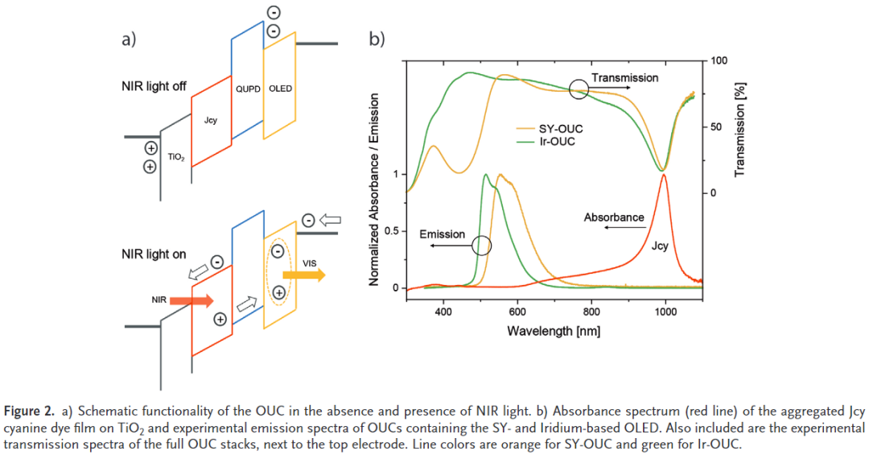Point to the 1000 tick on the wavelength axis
tap(665, 312)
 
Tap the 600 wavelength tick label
tap(517, 312)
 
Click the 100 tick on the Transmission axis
tap(719, 60)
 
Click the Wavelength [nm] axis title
tap(554, 331)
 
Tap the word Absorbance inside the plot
tap(614, 217)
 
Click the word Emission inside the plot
tap(443, 234)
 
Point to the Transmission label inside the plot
tap(625, 78)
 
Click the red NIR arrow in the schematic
tap(192, 300)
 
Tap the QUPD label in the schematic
tap(248, 89)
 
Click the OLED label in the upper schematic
tap(280, 89)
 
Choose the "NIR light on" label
tap(153, 254)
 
